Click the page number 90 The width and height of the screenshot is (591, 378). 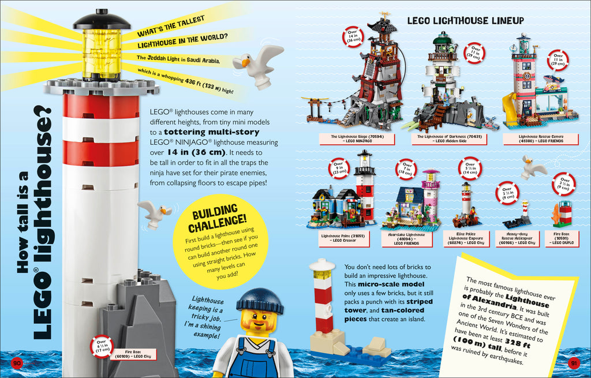click(x=17, y=362)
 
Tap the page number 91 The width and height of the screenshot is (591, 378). click(x=574, y=362)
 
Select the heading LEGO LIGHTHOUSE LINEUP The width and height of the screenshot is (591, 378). click(x=465, y=21)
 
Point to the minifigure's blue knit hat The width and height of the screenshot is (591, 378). click(x=259, y=300)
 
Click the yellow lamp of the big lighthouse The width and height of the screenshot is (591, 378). click(x=101, y=54)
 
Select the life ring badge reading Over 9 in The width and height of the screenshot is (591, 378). click(x=338, y=167)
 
